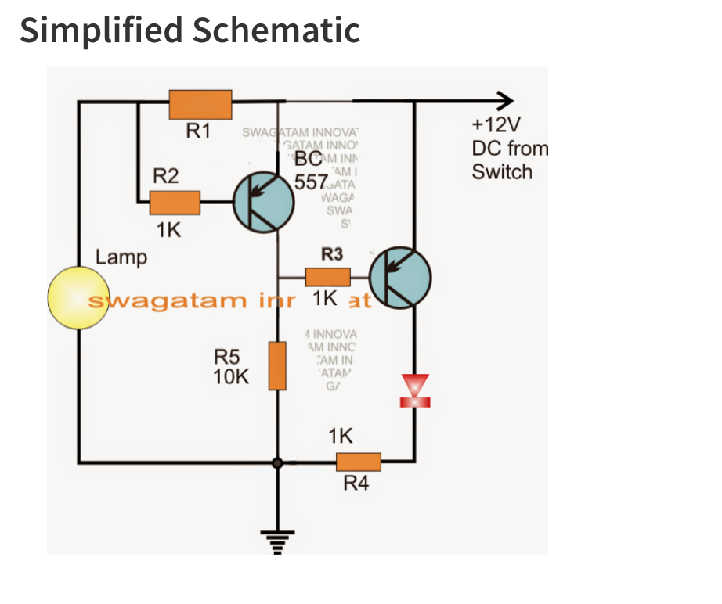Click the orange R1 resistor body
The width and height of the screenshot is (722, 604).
click(x=200, y=103)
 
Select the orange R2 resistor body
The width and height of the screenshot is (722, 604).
click(x=175, y=203)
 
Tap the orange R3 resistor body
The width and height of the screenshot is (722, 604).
click(x=327, y=276)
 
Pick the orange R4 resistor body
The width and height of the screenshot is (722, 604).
click(x=358, y=462)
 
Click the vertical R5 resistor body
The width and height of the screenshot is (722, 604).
click(x=277, y=365)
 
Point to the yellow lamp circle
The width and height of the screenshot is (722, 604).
click(x=78, y=297)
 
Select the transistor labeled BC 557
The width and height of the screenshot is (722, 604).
click(x=264, y=203)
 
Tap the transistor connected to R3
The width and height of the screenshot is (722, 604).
click(x=400, y=277)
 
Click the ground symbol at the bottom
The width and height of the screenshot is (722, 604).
click(x=277, y=541)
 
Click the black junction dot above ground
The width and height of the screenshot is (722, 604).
click(x=277, y=463)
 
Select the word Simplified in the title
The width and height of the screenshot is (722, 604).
click(x=101, y=31)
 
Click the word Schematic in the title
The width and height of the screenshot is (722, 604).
click(x=276, y=31)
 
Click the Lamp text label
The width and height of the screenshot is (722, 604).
click(x=121, y=257)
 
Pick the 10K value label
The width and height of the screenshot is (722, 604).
click(x=231, y=376)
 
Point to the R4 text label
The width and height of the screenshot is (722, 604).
click(x=356, y=484)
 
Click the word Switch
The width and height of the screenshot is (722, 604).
click(x=501, y=171)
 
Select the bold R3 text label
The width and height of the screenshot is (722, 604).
click(x=332, y=254)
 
